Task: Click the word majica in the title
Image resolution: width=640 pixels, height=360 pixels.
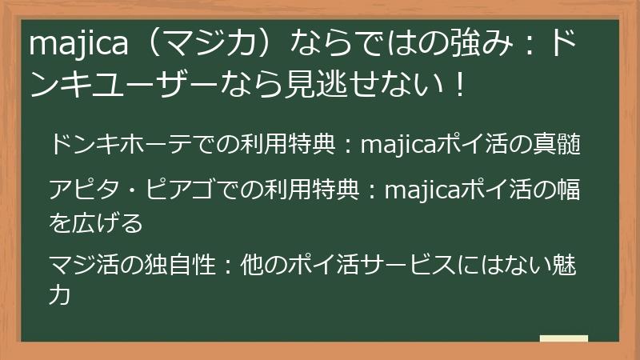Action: point(78,45)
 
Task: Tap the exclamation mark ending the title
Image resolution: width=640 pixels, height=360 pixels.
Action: point(458,83)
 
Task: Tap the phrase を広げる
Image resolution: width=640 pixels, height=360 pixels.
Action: point(95,223)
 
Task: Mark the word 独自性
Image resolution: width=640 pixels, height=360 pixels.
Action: point(181,265)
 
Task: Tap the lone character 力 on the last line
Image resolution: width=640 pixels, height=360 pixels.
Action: point(61,296)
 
